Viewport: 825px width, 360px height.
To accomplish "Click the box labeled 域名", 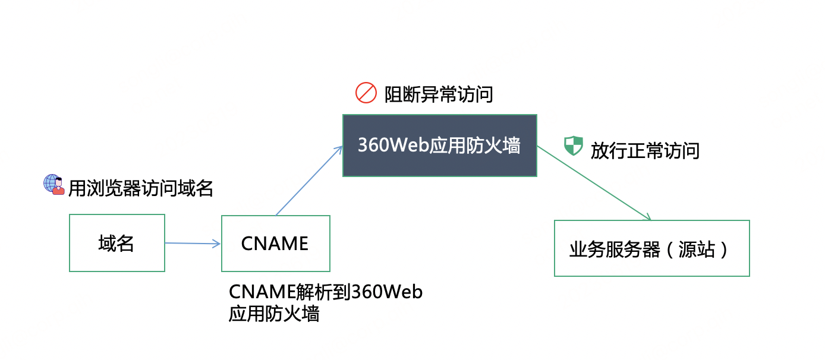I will [x=117, y=243].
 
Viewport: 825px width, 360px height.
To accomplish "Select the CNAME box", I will [x=275, y=243].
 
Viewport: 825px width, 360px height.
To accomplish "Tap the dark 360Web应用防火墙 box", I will [x=439, y=146].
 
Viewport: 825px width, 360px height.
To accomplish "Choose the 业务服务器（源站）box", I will [x=651, y=248].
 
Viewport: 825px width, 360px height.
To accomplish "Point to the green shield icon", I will [x=573, y=146].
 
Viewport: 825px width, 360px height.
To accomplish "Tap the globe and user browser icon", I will [x=53, y=185].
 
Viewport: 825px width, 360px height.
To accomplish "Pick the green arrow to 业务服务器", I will [x=594, y=184].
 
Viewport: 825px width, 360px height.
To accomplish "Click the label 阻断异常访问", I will [x=439, y=94].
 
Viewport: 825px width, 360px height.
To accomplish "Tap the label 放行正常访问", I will [x=645, y=150].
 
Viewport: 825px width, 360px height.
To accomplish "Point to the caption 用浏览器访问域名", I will [x=140, y=188].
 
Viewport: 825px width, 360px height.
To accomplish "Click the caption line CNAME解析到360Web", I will [x=326, y=292].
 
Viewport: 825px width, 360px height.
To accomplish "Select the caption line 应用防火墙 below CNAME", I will [x=274, y=313].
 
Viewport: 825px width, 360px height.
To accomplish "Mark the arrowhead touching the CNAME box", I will [x=217, y=244].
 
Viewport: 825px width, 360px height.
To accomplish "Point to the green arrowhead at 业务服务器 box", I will [x=647, y=217].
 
